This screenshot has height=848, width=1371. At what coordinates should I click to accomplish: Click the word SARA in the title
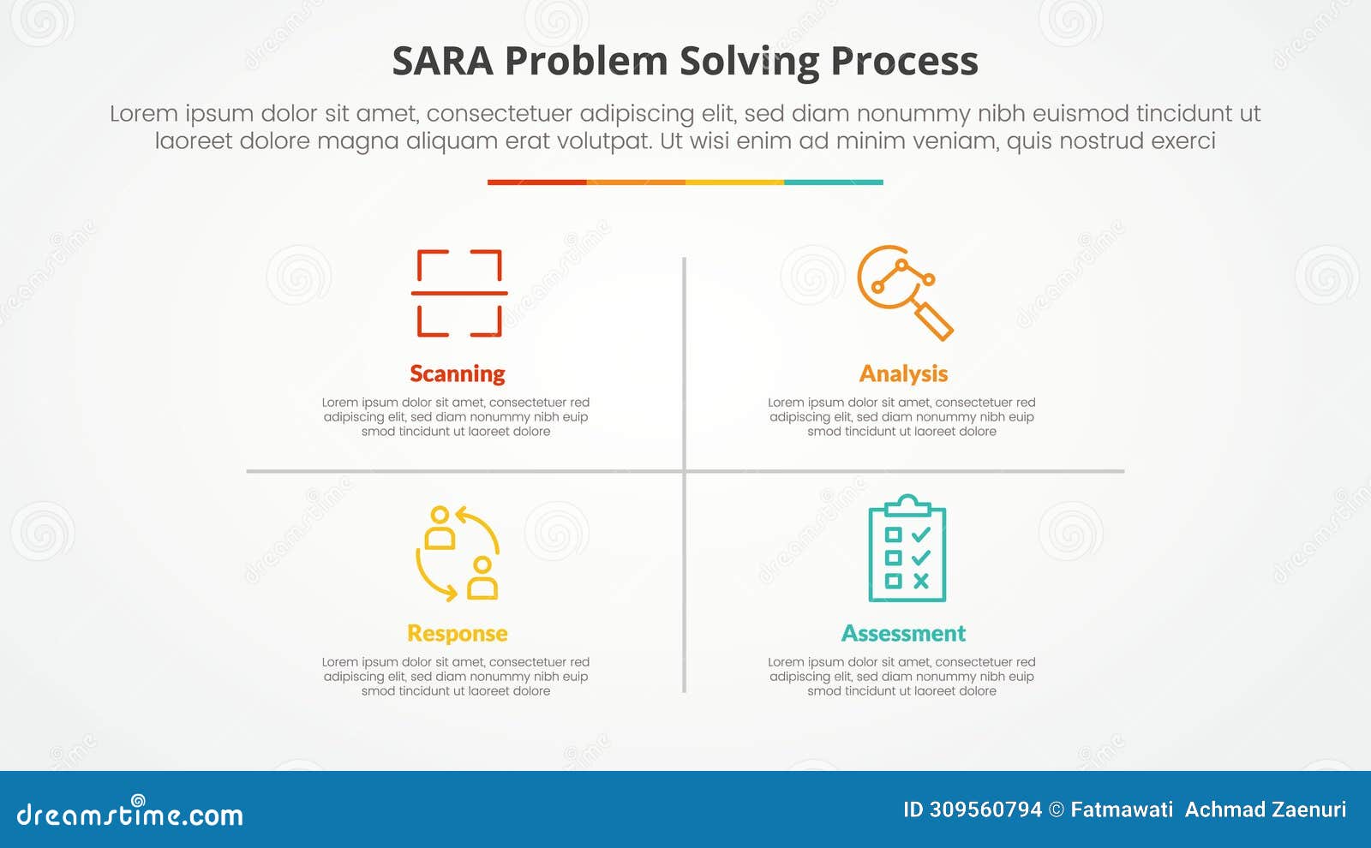(442, 62)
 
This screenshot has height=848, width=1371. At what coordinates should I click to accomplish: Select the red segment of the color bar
(536, 182)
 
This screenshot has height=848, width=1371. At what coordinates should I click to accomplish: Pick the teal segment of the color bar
(833, 182)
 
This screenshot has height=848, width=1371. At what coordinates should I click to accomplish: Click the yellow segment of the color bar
(734, 182)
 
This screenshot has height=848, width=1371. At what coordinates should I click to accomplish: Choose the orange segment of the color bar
(636, 182)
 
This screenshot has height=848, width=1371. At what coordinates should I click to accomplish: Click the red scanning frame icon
(458, 293)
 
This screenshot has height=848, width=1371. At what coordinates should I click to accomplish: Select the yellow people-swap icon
(458, 552)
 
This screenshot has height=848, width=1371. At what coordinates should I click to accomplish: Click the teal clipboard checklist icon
(907, 549)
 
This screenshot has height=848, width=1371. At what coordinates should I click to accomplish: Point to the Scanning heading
(458, 373)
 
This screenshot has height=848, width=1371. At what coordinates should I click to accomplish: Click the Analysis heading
(903, 373)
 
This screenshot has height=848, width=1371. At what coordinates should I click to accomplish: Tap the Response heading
(458, 633)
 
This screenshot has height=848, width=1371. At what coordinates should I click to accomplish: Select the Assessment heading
(903, 633)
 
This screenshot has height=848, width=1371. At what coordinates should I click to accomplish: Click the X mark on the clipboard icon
(921, 581)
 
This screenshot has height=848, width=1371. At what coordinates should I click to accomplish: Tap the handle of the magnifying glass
(935, 321)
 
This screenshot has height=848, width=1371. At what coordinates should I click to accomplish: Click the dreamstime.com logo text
(129, 814)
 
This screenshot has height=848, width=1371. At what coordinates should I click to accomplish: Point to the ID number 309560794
(985, 809)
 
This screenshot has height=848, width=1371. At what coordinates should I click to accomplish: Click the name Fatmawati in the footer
(1122, 809)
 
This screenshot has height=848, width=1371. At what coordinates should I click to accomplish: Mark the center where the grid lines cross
(684, 471)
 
